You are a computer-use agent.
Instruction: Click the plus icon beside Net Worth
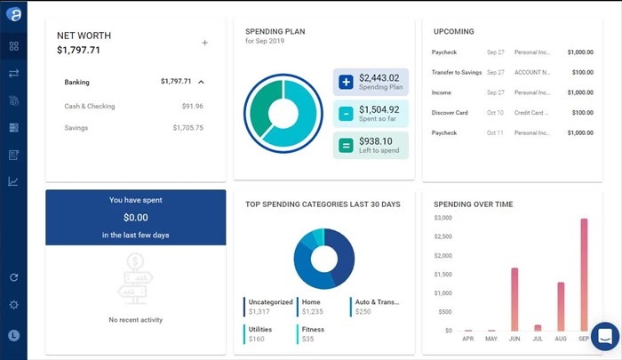tap(204, 43)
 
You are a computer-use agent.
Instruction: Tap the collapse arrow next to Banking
tap(201, 82)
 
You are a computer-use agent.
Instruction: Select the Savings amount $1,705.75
tap(187, 127)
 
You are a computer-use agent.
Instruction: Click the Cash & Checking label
tap(90, 106)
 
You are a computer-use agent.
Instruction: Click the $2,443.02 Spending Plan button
tap(371, 82)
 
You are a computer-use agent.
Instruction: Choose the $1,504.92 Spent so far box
tap(371, 114)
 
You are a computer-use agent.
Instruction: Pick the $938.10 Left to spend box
tap(371, 145)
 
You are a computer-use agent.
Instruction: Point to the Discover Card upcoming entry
tap(450, 113)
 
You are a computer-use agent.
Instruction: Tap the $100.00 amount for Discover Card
tap(582, 113)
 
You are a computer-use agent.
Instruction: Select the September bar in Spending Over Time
tap(584, 275)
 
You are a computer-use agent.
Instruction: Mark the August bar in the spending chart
tap(561, 307)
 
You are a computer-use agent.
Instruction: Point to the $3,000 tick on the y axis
tap(443, 218)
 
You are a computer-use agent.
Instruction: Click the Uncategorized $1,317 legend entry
tap(270, 307)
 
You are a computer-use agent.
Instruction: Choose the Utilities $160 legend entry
tap(261, 333)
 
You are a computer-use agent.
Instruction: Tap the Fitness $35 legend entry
tap(312, 333)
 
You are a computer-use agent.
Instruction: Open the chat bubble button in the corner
tap(604, 337)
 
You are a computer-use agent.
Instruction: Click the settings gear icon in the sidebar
tap(13, 305)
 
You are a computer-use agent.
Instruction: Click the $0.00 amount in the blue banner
tap(135, 217)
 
